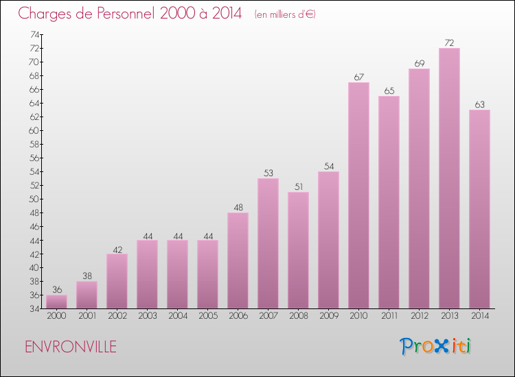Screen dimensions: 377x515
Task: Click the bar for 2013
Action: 449,178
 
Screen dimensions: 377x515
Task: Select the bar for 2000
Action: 56,302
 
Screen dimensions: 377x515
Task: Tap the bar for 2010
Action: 358,195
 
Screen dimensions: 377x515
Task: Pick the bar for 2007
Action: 268,243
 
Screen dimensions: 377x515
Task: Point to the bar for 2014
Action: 479,209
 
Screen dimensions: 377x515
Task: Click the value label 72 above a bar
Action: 449,42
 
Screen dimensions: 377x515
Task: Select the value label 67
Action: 358,77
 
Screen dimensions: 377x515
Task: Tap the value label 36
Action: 56,289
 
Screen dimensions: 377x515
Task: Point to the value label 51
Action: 298,186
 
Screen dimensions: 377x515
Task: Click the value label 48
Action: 238,207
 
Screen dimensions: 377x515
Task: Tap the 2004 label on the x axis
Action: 177,316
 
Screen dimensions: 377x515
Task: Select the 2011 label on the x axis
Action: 389,316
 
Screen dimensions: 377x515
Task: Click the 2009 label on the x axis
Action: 328,316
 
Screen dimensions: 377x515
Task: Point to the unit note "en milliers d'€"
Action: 284,14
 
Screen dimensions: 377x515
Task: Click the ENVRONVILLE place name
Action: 71,347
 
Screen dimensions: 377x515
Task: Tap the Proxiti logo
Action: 435,346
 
